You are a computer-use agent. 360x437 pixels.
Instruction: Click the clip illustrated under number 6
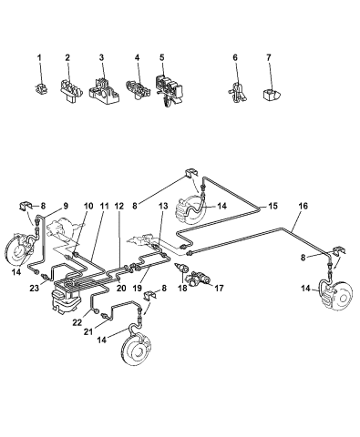tap(236, 93)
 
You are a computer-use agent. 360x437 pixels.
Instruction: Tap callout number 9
tap(65, 206)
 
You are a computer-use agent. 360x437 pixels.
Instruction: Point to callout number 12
tap(119, 206)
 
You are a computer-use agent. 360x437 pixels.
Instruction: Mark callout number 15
tap(273, 208)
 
